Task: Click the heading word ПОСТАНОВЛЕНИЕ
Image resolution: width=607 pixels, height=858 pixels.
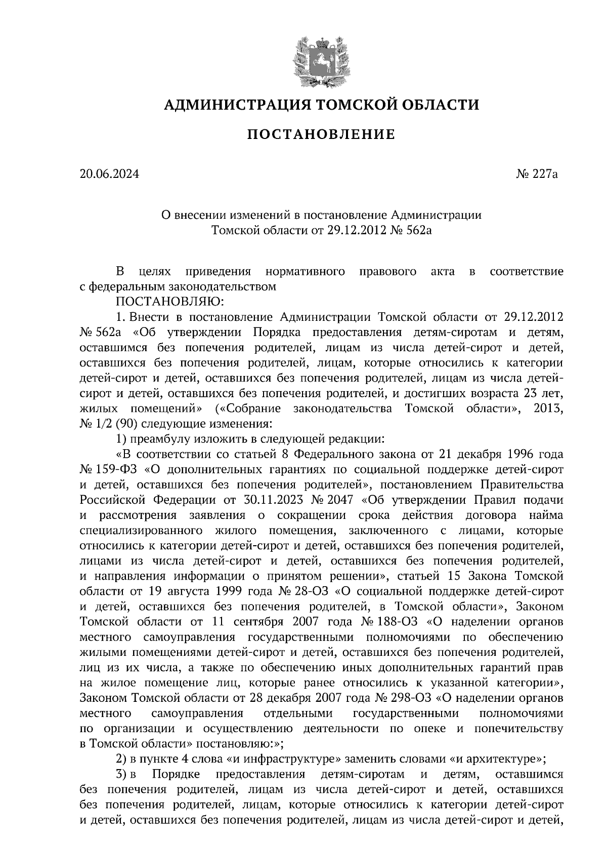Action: [x=321, y=134]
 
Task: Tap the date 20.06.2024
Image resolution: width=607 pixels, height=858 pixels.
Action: [x=109, y=175]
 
